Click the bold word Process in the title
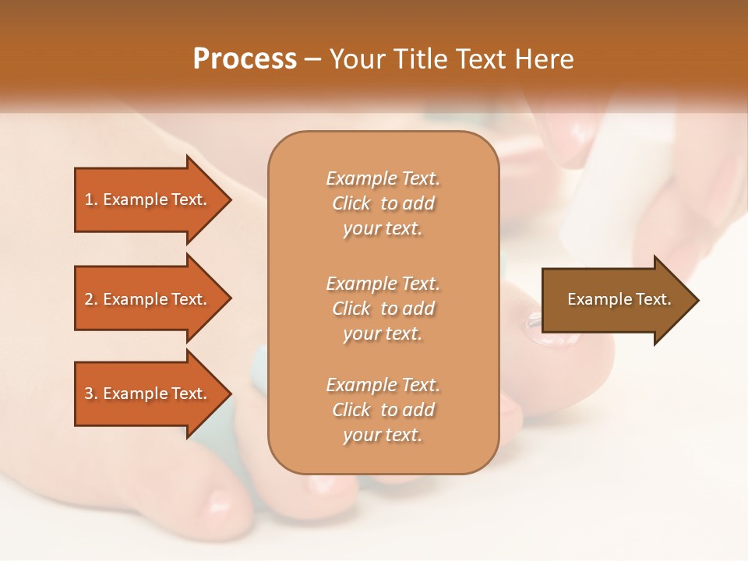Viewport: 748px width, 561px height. [x=245, y=58]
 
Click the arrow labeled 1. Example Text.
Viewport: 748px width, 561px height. [x=148, y=199]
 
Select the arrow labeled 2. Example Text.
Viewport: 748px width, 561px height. [x=148, y=299]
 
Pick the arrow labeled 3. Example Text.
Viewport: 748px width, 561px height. [x=148, y=393]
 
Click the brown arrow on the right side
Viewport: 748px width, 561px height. [x=616, y=299]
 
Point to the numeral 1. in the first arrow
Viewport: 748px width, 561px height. [x=91, y=199]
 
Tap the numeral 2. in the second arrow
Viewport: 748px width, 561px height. [x=91, y=299]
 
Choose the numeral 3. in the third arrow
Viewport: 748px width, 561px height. [x=91, y=393]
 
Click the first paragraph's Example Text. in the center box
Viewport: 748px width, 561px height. [x=383, y=178]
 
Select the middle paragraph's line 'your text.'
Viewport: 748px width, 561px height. [x=383, y=333]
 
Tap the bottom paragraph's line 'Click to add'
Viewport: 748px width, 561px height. [x=383, y=410]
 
